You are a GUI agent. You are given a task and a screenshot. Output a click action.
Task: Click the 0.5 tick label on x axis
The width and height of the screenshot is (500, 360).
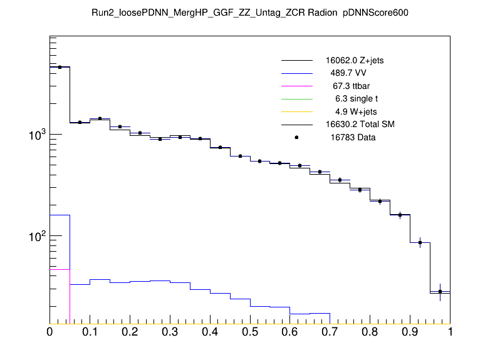pos(250,332)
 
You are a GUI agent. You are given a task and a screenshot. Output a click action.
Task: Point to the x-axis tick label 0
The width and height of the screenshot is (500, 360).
pos(49,332)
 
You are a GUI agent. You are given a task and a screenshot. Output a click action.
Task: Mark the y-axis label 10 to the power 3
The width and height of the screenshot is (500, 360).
pos(34,135)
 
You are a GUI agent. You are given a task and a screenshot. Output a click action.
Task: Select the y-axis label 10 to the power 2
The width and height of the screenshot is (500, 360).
pos(34,235)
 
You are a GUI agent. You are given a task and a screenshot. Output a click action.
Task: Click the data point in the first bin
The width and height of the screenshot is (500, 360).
pos(60,67)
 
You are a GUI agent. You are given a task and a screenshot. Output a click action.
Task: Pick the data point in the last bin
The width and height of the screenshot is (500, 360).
pos(440,291)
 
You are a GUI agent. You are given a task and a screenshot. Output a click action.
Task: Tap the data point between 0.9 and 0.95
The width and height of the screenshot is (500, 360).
pos(420,242)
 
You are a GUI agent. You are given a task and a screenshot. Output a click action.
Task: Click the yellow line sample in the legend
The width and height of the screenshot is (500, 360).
pos(296,111)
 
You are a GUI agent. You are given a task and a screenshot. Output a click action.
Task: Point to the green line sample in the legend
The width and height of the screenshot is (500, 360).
pos(296,99)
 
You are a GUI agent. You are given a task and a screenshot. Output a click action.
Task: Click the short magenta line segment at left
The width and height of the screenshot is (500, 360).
pos(60,269)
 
